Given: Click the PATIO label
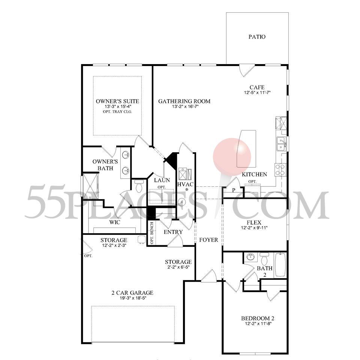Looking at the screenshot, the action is [257, 37].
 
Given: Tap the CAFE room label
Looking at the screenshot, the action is [257, 87].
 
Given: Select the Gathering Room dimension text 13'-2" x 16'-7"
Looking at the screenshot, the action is [184, 106].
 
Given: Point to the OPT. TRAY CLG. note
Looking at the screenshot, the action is [117, 112].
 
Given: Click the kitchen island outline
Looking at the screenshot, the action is [246, 149].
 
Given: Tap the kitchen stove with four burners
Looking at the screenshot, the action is [280, 169].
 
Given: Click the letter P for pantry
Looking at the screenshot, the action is [234, 190].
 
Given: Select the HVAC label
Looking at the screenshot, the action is [185, 184].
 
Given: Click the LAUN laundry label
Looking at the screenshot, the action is [162, 180].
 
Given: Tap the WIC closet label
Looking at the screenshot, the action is [115, 222].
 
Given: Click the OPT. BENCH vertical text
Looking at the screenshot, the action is [152, 233].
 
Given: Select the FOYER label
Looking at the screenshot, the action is [208, 240].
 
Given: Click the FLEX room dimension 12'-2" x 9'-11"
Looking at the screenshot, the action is [254, 228].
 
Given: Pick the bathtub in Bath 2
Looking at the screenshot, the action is [280, 265].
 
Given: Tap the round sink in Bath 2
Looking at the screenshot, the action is [249, 257].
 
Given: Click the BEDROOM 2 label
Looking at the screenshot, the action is [258, 318].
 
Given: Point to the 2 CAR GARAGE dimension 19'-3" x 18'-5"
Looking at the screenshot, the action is [133, 298].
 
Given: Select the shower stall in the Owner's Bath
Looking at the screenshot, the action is [90, 186].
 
